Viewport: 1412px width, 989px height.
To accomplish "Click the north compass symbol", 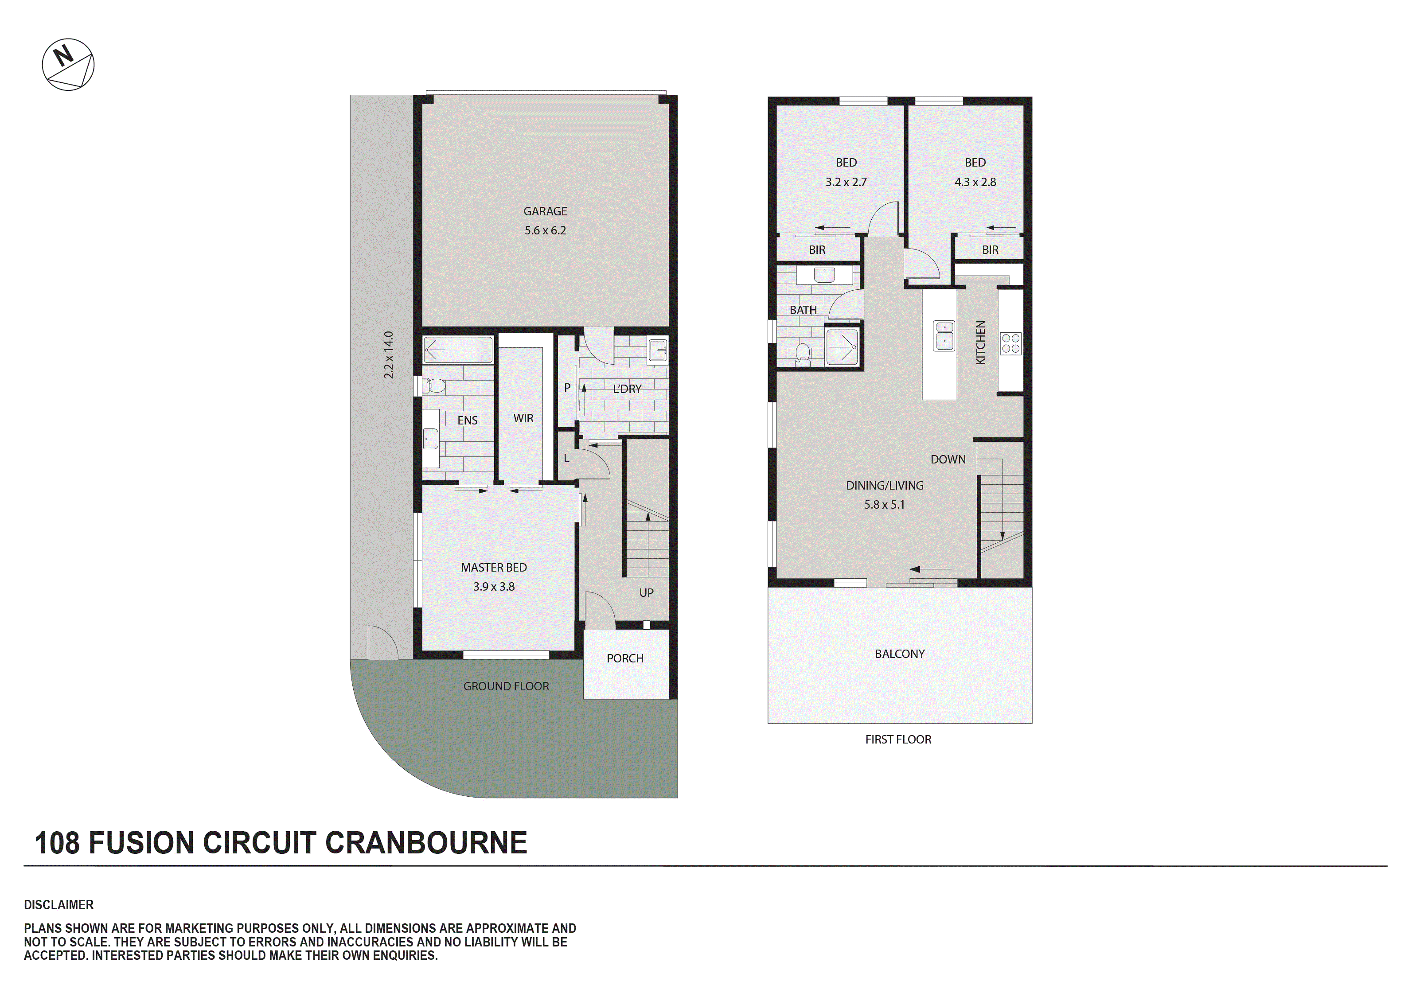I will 68,65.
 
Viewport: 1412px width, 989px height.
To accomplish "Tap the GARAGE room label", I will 545,211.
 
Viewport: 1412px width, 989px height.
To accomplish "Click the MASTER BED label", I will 494,568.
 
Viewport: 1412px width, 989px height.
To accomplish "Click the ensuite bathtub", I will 458,350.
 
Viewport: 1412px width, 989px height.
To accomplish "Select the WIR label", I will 523,418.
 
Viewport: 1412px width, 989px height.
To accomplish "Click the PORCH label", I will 625,658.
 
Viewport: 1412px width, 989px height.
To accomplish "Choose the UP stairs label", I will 646,593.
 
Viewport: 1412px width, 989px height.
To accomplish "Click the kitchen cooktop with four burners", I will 1010,343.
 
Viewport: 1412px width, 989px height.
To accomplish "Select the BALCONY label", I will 900,654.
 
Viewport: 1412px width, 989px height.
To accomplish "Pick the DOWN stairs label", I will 948,459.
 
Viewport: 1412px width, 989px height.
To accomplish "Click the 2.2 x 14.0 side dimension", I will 389,355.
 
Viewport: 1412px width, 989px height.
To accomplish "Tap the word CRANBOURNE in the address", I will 425,843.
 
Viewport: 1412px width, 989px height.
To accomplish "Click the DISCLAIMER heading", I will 59,905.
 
